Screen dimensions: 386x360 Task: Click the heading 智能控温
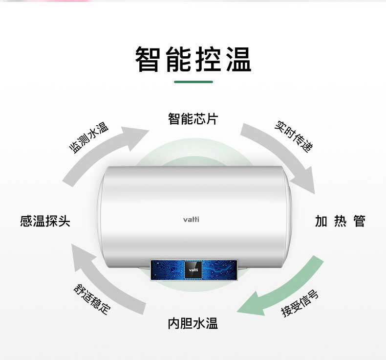pos(193,60)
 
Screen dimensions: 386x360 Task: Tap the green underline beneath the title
pos(193,82)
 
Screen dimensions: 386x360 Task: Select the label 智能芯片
pos(193,119)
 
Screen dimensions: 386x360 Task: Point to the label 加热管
pos(340,221)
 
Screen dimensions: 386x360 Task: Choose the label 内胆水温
pos(193,323)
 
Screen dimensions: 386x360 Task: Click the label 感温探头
pos(45,221)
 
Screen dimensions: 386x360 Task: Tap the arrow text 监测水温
pos(88,138)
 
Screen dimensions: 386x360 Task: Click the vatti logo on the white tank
pos(191,219)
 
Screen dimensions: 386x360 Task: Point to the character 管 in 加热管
pos(360,221)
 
